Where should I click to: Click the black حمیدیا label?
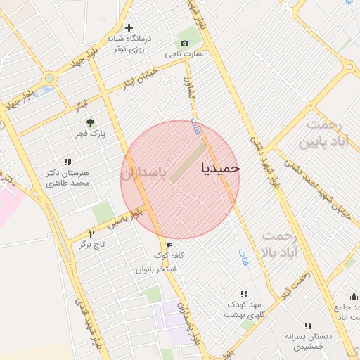[221, 168]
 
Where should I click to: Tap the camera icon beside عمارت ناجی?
[185, 44]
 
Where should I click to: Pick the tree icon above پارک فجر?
[89, 122]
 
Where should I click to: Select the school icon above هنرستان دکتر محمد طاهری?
[67, 161]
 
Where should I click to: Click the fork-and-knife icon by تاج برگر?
[91, 233]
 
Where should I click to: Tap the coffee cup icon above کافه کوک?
[169, 245]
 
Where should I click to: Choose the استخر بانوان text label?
[155, 269]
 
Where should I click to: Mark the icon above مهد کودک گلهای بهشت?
[244, 293]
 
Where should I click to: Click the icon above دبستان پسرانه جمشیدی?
[307, 326]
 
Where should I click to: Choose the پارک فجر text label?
[89, 134]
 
